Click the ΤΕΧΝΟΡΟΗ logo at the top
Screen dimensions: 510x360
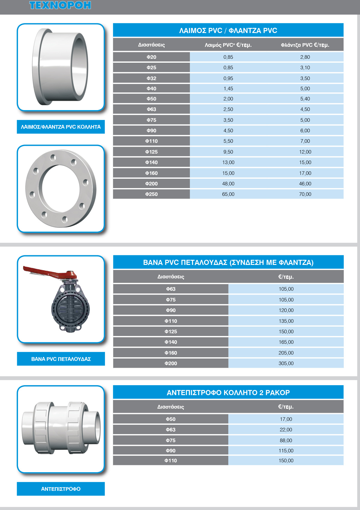click(x=60, y=5)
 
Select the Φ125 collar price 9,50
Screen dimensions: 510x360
click(x=228, y=152)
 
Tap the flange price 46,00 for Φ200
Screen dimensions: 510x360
click(x=305, y=184)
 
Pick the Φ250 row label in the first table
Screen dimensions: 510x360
click(x=151, y=194)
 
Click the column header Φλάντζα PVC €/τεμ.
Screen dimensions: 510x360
click(x=305, y=45)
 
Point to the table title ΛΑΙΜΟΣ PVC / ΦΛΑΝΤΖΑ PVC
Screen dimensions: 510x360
click(x=228, y=31)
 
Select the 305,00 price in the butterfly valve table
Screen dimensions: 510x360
click(x=286, y=363)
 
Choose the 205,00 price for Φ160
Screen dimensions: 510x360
click(x=286, y=353)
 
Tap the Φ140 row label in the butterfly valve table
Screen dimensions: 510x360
click(x=171, y=342)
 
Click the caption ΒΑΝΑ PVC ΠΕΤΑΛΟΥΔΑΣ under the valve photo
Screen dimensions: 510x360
click(x=61, y=359)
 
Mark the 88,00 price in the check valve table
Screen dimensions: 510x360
click(x=286, y=440)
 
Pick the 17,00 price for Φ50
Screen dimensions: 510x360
click(x=286, y=419)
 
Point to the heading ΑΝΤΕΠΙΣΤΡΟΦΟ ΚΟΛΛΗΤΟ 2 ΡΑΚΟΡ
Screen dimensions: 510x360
click(x=228, y=393)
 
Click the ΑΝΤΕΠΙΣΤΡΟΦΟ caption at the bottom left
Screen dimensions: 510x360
click(x=61, y=489)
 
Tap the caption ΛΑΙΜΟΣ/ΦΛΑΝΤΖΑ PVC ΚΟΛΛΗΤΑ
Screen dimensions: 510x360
click(x=61, y=127)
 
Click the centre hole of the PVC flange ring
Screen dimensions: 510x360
click(x=61, y=188)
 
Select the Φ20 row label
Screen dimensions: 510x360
click(x=151, y=57)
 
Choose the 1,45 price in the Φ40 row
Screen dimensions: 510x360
click(x=228, y=88)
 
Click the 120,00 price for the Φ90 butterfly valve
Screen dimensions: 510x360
click(x=286, y=310)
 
